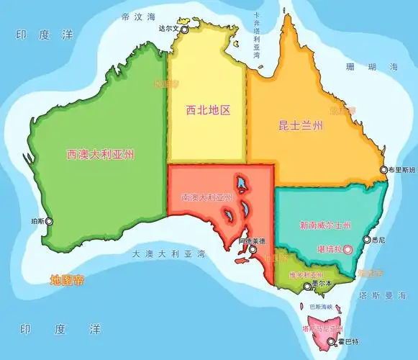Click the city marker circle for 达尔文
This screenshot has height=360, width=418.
tap(184, 30)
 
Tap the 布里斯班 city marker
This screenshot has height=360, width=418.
tap(384, 170)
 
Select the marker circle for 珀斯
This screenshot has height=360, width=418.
tap(49, 222)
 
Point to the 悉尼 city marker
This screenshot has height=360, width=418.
tap(366, 240)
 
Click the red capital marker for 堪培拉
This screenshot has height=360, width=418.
tap(348, 249)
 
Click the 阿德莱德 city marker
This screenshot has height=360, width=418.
tap(253, 250)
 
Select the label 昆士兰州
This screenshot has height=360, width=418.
tap(301, 126)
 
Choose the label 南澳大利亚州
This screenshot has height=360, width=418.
tap(208, 197)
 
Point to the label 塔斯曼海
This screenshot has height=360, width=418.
tap(389, 296)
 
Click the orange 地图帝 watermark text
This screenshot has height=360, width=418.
tap(67, 279)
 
